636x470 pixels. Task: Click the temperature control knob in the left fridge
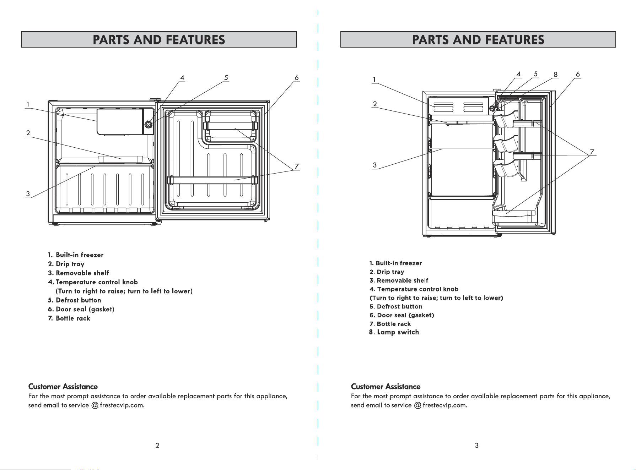tap(148, 125)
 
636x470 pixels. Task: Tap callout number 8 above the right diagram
tap(555, 75)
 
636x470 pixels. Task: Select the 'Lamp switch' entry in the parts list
tap(394, 332)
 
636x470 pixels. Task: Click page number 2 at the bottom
tap(157, 446)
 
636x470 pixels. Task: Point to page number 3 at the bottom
tap(476, 446)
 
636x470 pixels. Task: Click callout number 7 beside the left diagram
tap(296, 166)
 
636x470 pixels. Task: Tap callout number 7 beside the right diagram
tap(592, 152)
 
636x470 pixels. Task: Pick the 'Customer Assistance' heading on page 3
tap(386, 387)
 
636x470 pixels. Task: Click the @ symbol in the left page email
tap(95, 405)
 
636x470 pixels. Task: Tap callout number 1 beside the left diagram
tap(28, 104)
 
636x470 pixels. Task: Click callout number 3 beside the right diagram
tap(374, 165)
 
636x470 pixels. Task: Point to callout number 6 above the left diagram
tap(296, 78)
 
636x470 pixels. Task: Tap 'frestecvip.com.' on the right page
tap(445, 405)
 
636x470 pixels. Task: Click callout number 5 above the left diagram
tap(226, 78)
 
